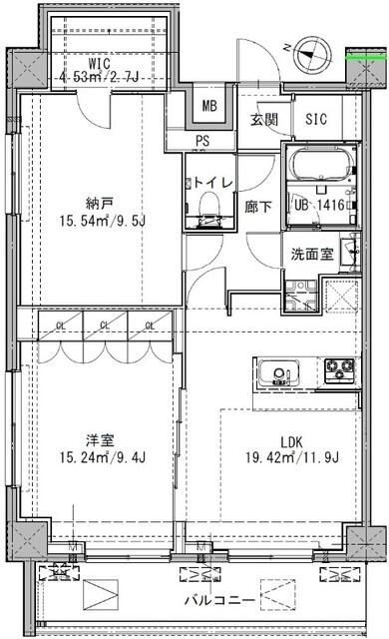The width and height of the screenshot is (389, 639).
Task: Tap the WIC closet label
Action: pyautogui.click(x=97, y=63)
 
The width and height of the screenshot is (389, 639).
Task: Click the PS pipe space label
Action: pyautogui.click(x=202, y=142)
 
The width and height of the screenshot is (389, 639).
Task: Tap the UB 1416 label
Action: pyautogui.click(x=318, y=207)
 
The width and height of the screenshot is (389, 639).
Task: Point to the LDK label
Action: pyautogui.click(x=292, y=441)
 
